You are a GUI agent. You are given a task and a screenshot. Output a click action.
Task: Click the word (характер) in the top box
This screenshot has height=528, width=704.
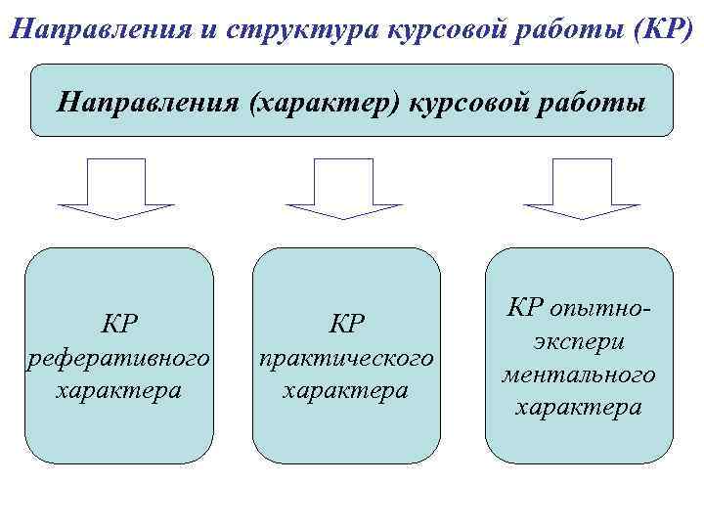tap(326, 102)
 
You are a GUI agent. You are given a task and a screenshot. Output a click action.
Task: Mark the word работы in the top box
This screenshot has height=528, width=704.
tap(596, 102)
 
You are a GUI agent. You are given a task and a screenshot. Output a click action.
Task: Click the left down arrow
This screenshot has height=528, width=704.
tap(116, 188)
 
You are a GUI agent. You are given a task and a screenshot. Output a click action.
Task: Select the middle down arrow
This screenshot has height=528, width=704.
tap(344, 188)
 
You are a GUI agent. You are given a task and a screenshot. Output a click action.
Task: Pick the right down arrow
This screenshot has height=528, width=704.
tap(582, 188)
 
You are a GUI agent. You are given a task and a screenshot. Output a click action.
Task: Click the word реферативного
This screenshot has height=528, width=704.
tap(118, 358)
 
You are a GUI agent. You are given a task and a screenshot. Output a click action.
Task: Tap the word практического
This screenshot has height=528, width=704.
tap(345, 358)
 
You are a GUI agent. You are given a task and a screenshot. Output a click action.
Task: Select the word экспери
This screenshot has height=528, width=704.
tap(580, 342)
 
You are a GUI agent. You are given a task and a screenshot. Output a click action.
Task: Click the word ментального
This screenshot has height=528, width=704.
tap(579, 374)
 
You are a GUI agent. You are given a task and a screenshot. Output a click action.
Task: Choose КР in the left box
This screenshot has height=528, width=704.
tap(119, 324)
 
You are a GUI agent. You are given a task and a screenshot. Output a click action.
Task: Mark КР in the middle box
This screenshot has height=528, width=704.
tap(346, 324)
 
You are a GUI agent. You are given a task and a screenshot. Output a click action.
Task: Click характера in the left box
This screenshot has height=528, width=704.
tap(119, 390)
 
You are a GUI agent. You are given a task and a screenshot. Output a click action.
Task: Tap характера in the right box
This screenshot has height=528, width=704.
tap(579, 407)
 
